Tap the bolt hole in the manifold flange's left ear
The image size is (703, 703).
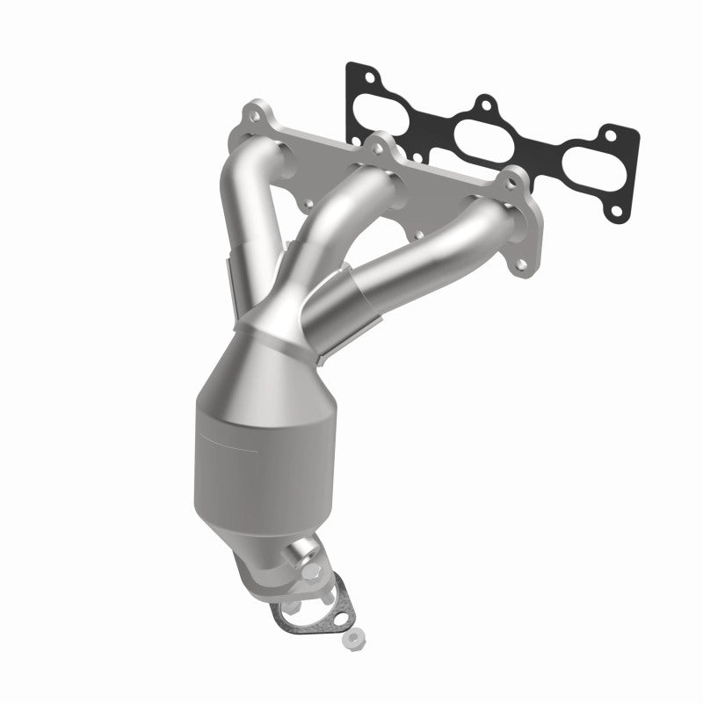(x=251, y=113)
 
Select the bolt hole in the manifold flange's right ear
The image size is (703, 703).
(x=510, y=180)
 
